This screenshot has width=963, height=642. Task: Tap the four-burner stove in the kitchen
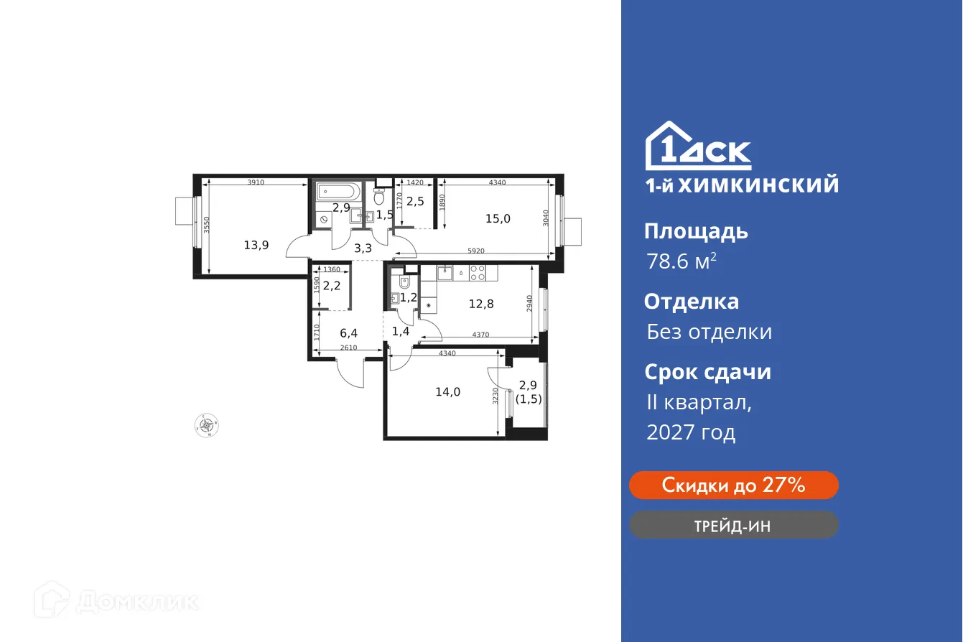click(478, 272)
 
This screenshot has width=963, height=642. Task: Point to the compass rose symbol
click(207, 426)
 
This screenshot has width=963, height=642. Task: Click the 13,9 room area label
click(256, 245)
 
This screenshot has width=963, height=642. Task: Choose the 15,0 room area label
click(497, 218)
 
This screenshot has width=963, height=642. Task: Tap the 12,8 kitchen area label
click(481, 303)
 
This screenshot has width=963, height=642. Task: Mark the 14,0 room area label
click(447, 391)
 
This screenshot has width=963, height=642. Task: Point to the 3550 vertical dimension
click(206, 227)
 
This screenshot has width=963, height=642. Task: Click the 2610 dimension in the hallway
click(348, 348)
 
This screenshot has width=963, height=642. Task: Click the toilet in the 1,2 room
click(404, 282)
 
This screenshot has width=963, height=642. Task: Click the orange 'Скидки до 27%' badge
click(733, 485)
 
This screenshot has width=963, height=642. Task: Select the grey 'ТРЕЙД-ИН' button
click(733, 525)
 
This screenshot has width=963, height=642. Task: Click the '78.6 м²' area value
click(681, 261)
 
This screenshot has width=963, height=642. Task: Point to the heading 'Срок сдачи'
click(707, 372)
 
